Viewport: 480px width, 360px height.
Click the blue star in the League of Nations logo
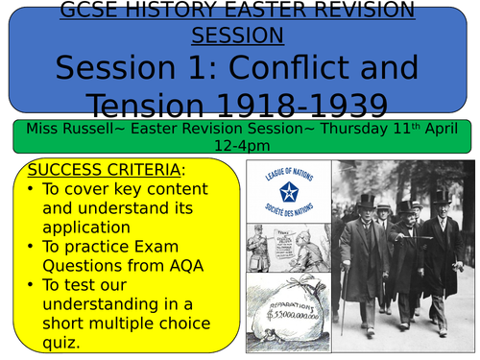[286, 194]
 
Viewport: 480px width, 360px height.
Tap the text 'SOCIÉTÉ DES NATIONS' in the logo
[286, 214]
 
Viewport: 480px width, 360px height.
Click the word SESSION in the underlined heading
[237, 36]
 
